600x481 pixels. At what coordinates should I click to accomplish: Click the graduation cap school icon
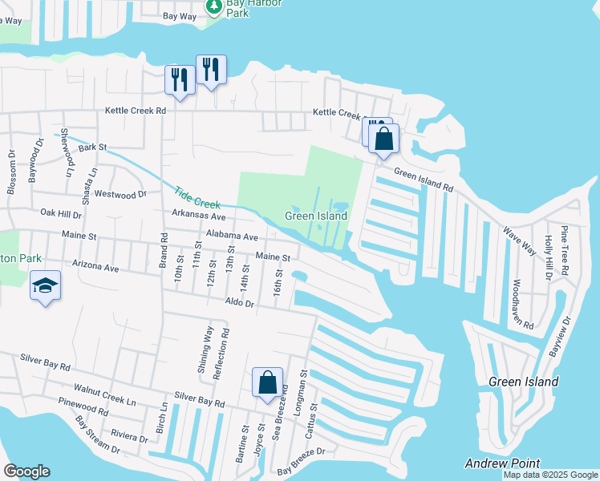[x=45, y=285]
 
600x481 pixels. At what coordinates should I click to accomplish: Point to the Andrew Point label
[x=502, y=463]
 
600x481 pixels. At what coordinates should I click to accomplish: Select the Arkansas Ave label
[x=198, y=216]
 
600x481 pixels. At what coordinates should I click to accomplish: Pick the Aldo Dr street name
[x=239, y=304]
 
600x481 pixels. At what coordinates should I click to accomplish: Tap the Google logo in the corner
[x=26, y=471]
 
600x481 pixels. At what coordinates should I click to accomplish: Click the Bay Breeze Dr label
[x=301, y=451]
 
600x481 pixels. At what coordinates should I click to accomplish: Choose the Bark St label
[x=92, y=147]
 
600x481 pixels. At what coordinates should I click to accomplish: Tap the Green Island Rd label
[x=424, y=178]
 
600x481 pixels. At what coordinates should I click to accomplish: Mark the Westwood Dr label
[x=120, y=194]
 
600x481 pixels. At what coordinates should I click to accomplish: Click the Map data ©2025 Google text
[x=550, y=475]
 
